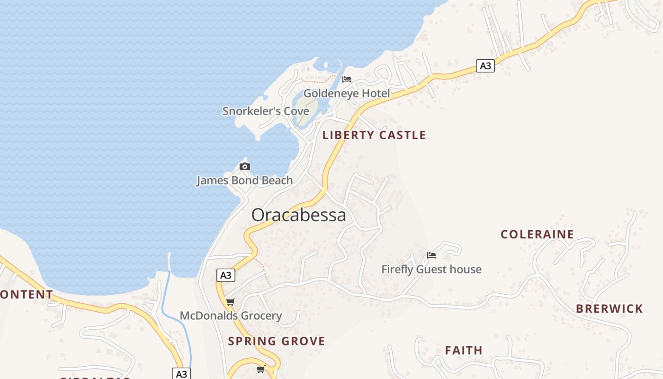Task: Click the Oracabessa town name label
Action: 298,215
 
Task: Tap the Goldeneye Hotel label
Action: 347,93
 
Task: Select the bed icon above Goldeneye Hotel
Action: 347,79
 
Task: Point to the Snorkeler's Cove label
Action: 266,111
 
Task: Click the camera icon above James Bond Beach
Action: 245,166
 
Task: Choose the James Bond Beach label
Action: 244,180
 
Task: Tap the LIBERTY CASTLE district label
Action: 374,135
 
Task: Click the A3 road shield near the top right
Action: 485,66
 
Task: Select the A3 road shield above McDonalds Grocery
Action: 226,275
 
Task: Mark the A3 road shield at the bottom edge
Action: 181,374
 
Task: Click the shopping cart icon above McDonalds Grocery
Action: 230,302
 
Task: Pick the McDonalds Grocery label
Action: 231,316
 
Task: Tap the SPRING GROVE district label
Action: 277,341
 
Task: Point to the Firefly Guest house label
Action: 431,270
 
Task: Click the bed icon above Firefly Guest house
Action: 431,255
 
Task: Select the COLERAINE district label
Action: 538,235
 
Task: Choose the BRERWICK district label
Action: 609,309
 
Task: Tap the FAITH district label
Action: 464,351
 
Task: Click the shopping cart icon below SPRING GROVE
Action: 260,369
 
